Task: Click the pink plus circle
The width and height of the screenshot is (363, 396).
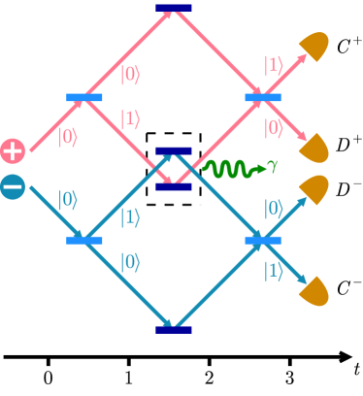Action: (13, 150)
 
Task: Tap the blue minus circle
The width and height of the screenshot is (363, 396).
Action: (13, 186)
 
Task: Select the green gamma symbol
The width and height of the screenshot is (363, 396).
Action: (273, 166)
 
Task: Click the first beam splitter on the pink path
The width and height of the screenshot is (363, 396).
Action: (84, 97)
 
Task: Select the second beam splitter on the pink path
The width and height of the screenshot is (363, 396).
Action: (263, 97)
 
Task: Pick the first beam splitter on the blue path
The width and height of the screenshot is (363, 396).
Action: (84, 240)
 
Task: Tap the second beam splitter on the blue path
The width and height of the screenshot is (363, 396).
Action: (263, 240)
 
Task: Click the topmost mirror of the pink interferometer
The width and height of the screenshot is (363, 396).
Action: (174, 9)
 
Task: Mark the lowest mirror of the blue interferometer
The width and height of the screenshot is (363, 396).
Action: (174, 329)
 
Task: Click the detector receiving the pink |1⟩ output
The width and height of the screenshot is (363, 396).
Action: (314, 46)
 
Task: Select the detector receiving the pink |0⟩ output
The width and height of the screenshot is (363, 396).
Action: (314, 148)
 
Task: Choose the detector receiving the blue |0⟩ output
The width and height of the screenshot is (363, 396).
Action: (314, 188)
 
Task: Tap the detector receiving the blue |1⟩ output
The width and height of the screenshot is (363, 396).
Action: (314, 290)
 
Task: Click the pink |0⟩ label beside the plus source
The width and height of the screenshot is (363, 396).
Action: (68, 137)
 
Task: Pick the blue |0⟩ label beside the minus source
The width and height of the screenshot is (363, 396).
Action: (68, 200)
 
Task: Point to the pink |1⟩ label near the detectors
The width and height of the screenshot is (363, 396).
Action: (274, 65)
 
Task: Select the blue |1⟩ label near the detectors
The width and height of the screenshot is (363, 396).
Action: (274, 271)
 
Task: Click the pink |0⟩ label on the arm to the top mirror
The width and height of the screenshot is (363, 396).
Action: (129, 74)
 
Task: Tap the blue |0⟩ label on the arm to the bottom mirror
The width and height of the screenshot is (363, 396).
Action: (129, 262)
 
